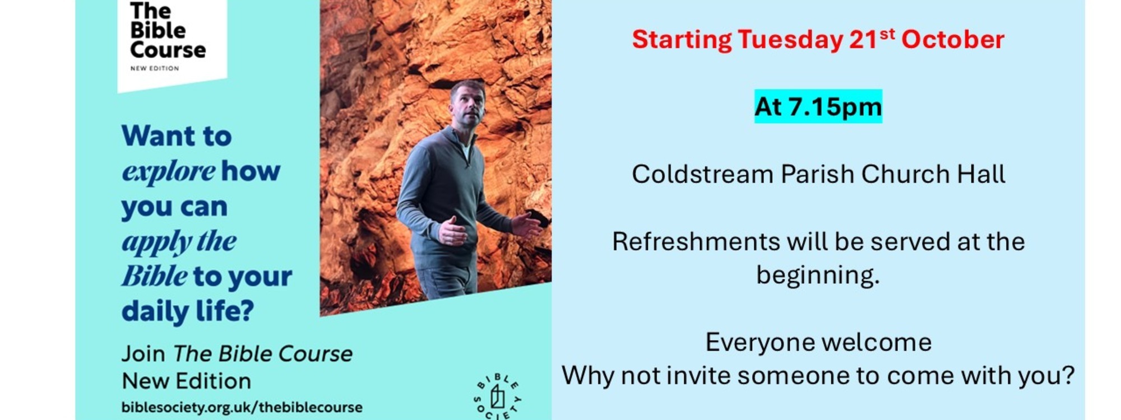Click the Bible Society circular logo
(x=498, y=396)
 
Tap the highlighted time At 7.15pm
(x=818, y=106)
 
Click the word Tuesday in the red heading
(x=790, y=40)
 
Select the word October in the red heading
(x=952, y=39)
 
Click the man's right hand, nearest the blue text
(x=453, y=230)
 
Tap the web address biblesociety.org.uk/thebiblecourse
(x=242, y=407)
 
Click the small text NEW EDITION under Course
(x=155, y=68)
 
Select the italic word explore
(x=169, y=171)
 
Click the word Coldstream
(x=702, y=174)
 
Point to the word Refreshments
(x=696, y=241)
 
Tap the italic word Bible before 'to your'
(x=155, y=276)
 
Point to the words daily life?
(x=188, y=311)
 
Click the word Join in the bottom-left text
(x=143, y=354)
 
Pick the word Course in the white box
(x=168, y=50)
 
